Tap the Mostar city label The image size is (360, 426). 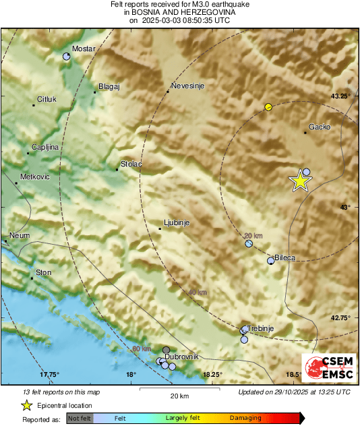click(x=84, y=49)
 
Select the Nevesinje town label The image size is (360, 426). click(x=187, y=86)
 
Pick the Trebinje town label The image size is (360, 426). click(x=260, y=328)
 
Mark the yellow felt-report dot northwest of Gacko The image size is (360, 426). click(x=268, y=106)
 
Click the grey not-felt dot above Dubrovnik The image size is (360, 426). click(x=167, y=350)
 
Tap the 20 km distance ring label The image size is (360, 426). click(x=253, y=235)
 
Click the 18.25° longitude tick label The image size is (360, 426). click(x=213, y=374)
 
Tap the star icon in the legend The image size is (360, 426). click(x=26, y=405)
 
